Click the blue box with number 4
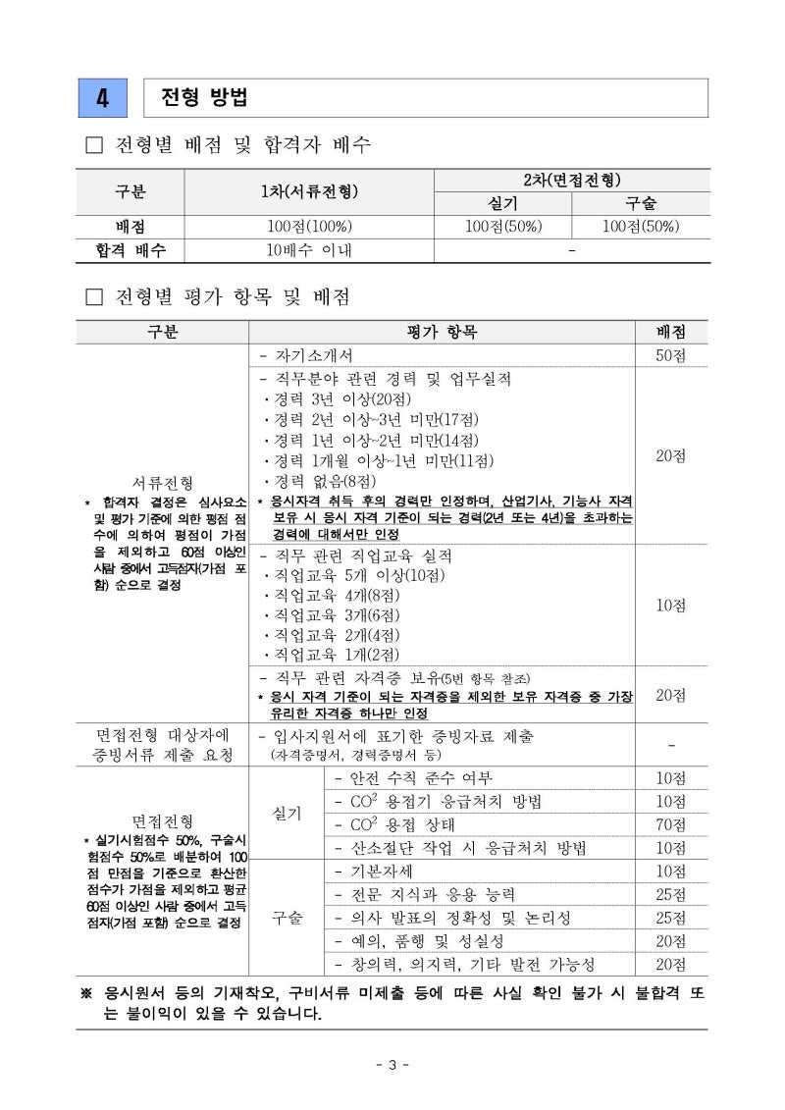pos(102,98)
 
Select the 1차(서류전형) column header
pos(309,191)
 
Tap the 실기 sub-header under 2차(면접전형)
pos(502,203)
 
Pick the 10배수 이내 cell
pos(309,250)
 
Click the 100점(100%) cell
pos(309,227)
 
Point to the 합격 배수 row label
pos(131,250)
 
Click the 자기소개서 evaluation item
pos(311,355)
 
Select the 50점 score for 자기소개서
pos(671,355)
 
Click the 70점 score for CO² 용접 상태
pos(671,824)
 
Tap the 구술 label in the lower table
pos(287,918)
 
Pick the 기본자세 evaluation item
pos(373,872)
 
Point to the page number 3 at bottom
pos(392,1065)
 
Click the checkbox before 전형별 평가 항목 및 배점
pos(94,296)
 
